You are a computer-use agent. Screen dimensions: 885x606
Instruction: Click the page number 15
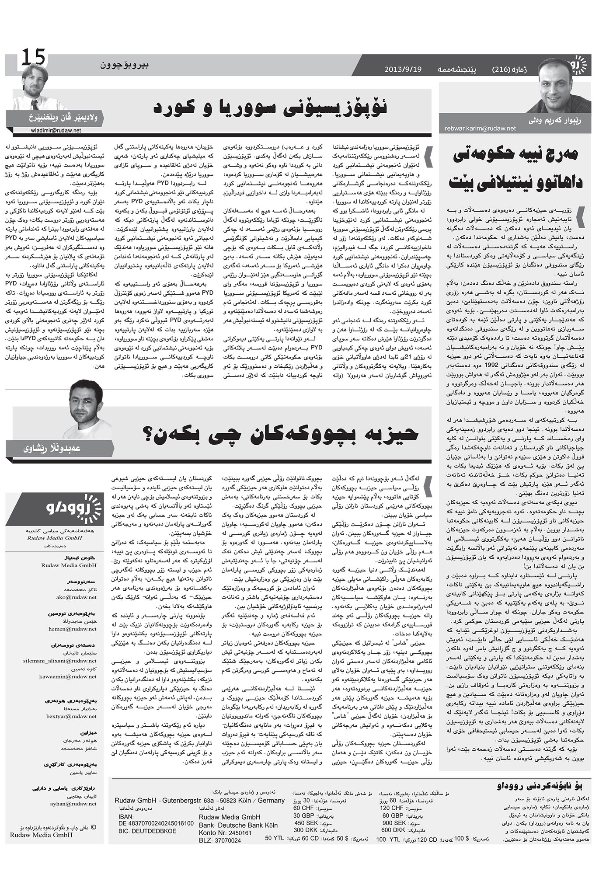coord(33,57)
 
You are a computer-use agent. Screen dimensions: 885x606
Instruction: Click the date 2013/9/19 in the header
coord(403,70)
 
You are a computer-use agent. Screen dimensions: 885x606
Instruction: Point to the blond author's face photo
coord(36,81)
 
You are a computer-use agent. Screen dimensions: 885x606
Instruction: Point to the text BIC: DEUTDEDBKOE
coord(147,831)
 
